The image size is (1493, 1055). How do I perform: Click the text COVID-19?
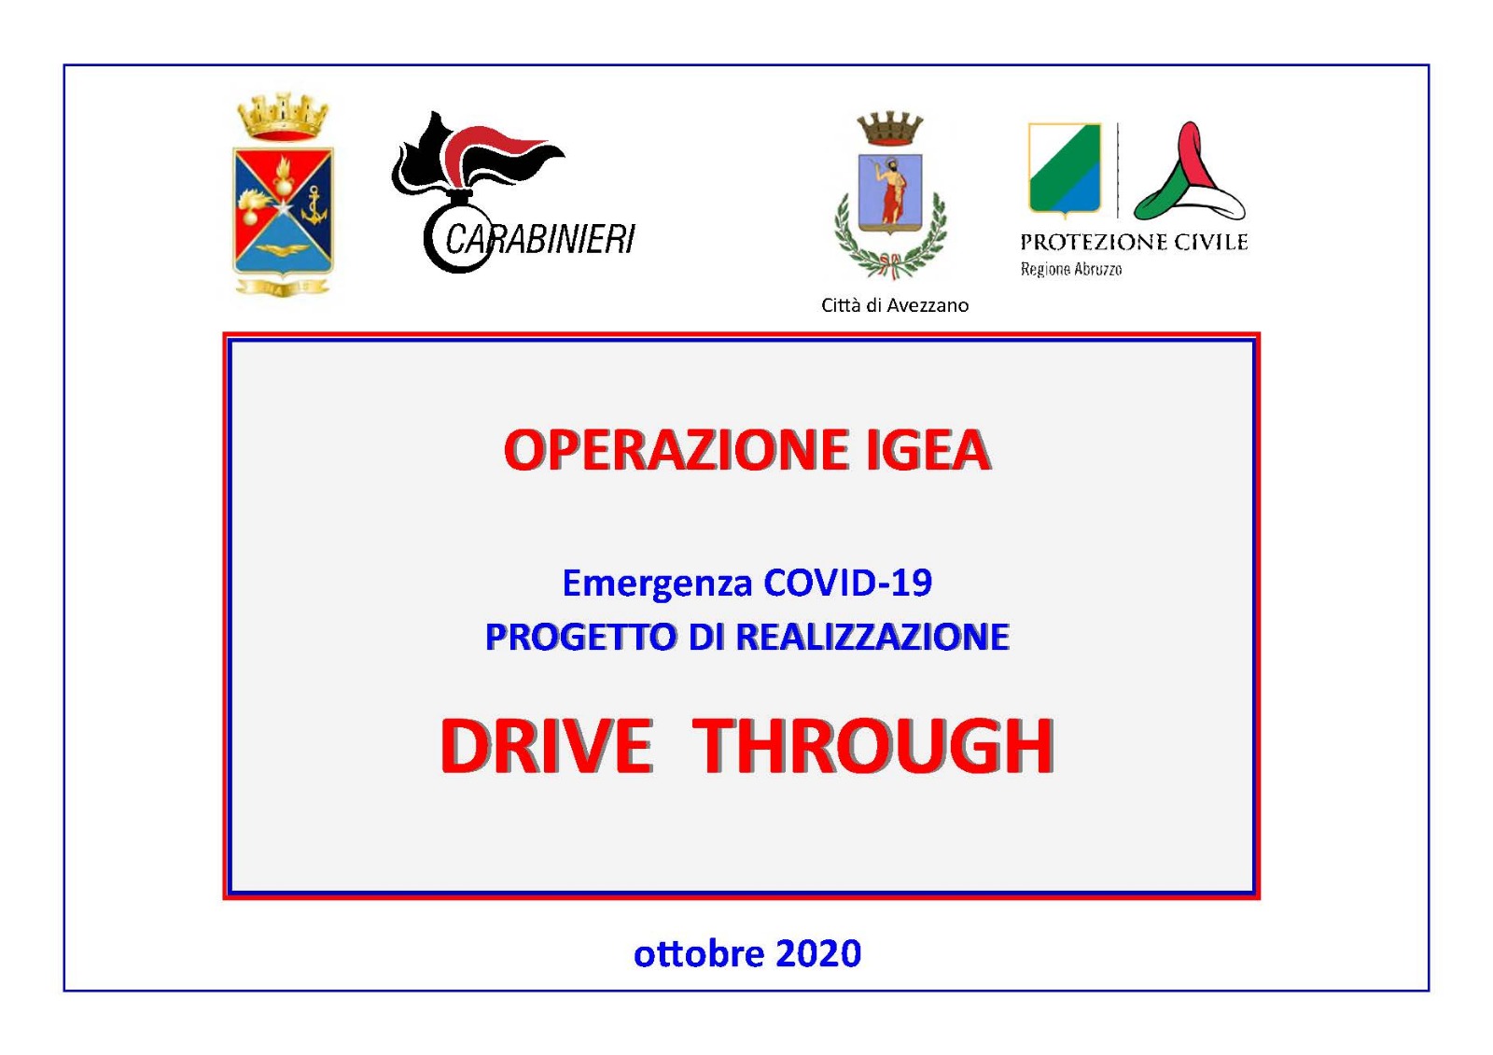tap(848, 583)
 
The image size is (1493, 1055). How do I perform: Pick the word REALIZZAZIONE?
tap(873, 637)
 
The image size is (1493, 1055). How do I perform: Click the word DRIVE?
tap(546, 746)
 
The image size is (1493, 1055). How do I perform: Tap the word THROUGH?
tap(872, 746)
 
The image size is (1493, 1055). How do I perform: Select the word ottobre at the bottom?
tap(699, 953)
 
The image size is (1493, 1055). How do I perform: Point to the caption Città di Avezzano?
tap(895, 305)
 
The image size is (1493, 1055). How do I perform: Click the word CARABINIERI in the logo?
tap(540, 239)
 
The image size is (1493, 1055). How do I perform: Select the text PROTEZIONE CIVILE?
tap(1134, 242)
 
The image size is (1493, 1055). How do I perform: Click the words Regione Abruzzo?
tap(1071, 270)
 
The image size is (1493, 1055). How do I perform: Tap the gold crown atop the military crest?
tap(284, 117)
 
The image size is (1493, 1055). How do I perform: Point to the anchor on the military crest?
tap(314, 205)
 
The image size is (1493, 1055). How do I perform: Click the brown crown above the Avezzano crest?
tap(890, 129)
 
